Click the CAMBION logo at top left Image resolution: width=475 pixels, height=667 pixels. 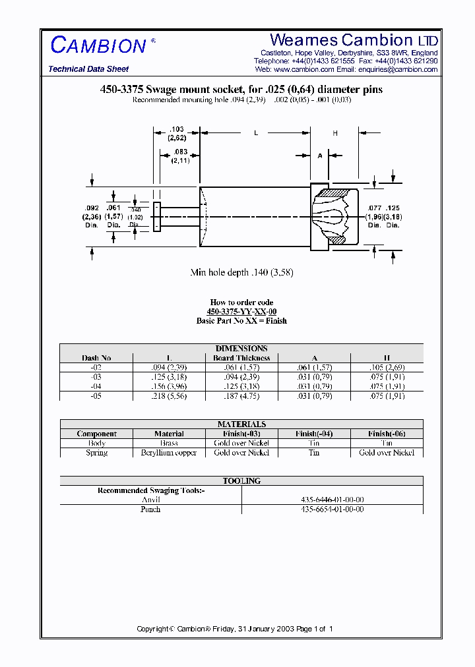click(99, 45)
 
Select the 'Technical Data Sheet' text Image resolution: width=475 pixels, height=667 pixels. click(88, 69)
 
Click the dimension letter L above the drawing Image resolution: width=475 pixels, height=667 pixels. click(256, 133)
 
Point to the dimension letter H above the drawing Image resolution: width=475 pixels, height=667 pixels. click(335, 133)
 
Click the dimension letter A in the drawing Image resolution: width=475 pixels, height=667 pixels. click(320, 156)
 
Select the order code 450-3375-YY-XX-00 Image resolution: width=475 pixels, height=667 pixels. click(241, 312)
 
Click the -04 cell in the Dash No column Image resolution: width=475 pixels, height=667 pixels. click(96, 386)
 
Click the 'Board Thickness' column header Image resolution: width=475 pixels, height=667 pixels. click(241, 358)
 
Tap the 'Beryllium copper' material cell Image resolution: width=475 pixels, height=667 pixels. click(169, 453)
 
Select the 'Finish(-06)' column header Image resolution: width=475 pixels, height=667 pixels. click(387, 434)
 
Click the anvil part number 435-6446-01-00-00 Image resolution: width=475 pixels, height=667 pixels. click(332, 500)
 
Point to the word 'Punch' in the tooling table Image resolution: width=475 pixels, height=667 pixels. click(150, 509)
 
